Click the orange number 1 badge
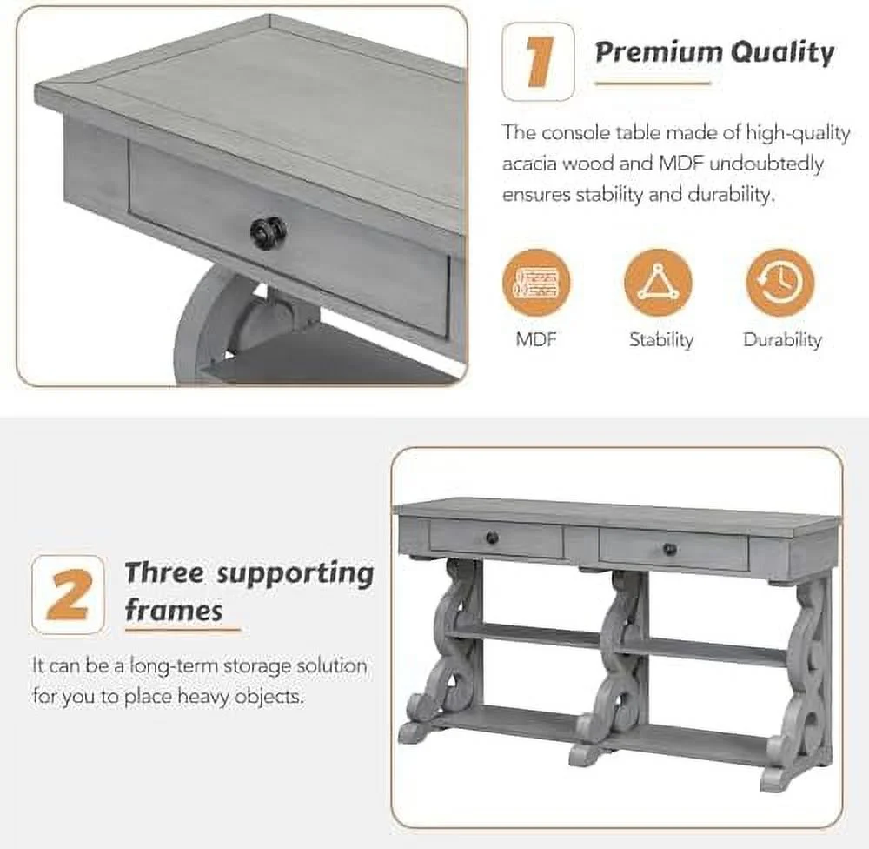tap(538, 61)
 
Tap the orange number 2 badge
tap(68, 594)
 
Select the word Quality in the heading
tap(782, 53)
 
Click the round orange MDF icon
tap(536, 283)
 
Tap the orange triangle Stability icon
tap(658, 283)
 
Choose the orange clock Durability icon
tap(779, 283)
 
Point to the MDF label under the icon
tap(536, 339)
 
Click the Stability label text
tap(661, 339)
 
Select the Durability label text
tap(782, 339)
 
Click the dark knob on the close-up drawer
tap(269, 232)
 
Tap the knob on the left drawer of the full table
tap(492, 537)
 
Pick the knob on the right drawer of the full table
tap(670, 549)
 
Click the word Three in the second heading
tap(164, 572)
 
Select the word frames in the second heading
tap(174, 610)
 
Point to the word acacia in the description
tap(529, 164)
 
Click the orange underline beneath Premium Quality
tap(653, 84)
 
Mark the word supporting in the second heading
tap(295, 574)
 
